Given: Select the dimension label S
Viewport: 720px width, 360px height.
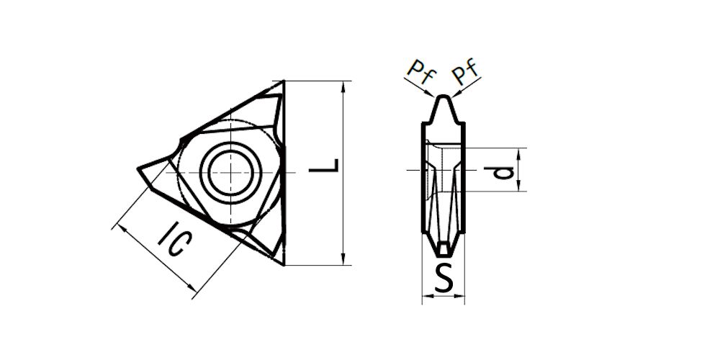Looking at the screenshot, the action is (444, 278).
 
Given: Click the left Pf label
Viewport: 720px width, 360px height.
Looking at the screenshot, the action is (421, 73).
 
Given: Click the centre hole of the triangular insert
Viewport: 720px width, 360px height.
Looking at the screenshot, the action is (230, 172).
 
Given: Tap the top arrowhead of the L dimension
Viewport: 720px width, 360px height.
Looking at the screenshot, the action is (343, 87).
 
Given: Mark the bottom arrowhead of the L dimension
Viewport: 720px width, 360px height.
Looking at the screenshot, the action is (343, 259).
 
